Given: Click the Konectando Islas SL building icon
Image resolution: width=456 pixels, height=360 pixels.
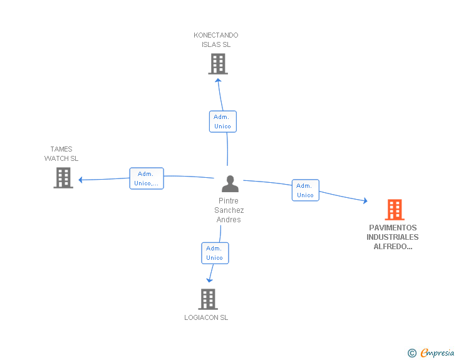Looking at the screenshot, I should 217,64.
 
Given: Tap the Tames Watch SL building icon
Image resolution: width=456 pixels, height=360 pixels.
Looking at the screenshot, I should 63,178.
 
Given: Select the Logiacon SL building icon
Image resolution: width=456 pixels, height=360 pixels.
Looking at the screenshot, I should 207,299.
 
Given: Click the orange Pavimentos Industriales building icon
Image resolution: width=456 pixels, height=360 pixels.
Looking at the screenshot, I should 395,210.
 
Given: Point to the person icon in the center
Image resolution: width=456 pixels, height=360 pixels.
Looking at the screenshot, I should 230,184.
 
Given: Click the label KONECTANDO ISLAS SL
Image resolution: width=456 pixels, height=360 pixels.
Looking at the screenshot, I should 216,40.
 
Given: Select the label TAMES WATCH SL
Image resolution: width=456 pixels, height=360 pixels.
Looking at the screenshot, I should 61,154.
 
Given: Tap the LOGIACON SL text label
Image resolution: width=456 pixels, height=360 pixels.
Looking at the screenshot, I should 206,317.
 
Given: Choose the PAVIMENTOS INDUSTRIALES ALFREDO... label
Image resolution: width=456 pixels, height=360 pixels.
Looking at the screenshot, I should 393,237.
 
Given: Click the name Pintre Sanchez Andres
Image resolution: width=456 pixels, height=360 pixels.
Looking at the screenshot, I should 229,210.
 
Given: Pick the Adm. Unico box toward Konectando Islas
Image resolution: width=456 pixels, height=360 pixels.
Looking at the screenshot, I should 222,121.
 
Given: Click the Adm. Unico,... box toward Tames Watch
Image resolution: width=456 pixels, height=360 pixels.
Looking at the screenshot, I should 147,178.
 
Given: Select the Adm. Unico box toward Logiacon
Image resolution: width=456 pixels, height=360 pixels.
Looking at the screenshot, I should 214,253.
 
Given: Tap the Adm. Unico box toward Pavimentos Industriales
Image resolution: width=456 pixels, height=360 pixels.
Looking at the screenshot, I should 305,190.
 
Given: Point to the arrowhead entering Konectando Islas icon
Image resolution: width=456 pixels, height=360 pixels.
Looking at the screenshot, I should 218,79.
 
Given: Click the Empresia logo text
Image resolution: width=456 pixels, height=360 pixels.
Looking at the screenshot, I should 437,353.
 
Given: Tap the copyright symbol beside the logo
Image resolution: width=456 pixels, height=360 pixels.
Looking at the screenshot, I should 412,354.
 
